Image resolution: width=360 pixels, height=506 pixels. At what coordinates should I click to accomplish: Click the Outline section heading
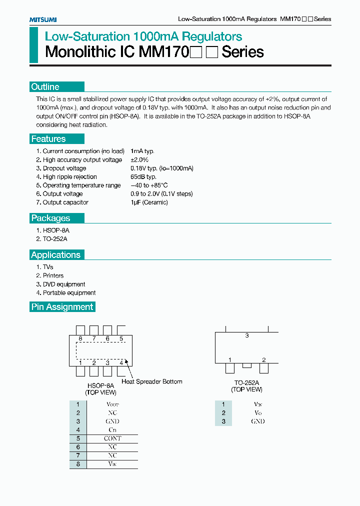[45, 87]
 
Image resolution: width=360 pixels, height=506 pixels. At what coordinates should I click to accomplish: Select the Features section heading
[48, 139]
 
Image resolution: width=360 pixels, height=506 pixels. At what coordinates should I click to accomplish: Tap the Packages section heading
[50, 218]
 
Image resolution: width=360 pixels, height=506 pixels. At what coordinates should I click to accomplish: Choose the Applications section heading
[55, 255]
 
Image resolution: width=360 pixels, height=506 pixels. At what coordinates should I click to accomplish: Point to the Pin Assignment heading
[62, 307]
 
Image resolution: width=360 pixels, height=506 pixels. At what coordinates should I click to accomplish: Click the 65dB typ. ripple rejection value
[143, 177]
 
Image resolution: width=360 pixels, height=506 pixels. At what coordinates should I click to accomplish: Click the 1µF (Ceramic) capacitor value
[149, 202]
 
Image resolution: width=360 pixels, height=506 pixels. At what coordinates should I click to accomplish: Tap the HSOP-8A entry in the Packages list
[56, 230]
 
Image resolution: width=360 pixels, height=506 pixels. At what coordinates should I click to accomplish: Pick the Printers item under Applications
[53, 275]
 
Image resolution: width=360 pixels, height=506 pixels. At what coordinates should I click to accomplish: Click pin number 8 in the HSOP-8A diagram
[80, 339]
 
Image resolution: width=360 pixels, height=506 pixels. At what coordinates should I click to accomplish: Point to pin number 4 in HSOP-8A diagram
[121, 362]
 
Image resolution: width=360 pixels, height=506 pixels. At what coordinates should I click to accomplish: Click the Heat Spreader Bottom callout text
[152, 381]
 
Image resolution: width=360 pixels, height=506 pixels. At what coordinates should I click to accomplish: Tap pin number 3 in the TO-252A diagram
[247, 336]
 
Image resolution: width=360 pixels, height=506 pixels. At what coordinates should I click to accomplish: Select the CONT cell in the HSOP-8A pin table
[112, 438]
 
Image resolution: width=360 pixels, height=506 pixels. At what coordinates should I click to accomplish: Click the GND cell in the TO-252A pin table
[258, 421]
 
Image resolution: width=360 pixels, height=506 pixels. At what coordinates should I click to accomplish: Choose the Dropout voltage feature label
[64, 168]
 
